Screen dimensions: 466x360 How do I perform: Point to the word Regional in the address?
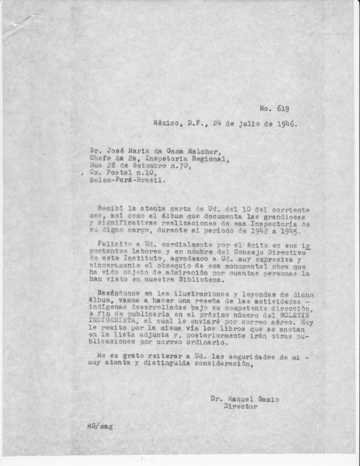(x=210, y=159)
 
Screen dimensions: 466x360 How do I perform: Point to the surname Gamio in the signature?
(x=265, y=399)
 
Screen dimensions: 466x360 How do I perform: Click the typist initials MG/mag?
(x=99, y=427)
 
